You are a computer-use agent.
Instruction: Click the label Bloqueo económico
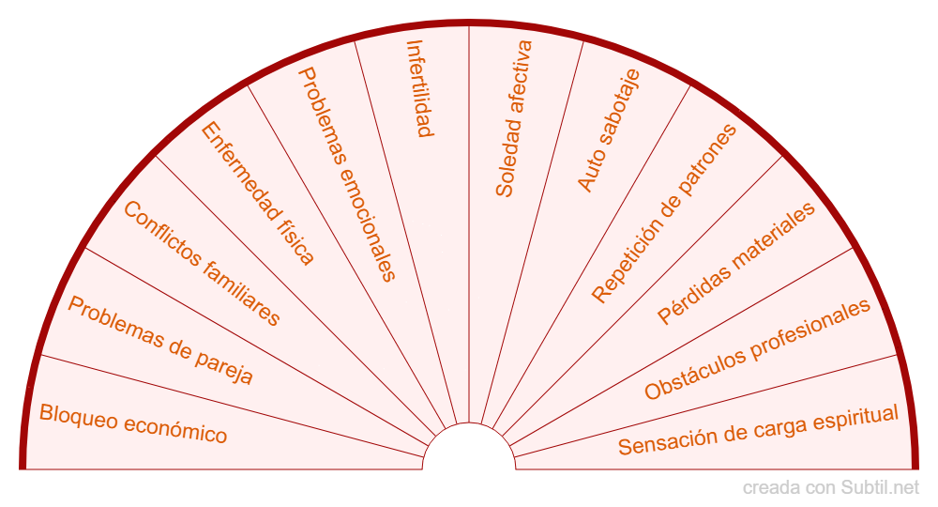point(133,423)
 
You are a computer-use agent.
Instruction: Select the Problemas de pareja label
point(160,341)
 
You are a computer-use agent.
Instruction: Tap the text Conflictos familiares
point(202,264)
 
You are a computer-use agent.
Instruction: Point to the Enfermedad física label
point(258,194)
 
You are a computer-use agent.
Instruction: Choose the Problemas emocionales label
point(347,174)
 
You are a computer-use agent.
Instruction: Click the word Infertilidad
point(419,88)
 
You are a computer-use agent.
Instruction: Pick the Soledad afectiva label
point(514,118)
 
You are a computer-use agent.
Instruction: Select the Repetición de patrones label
point(664,214)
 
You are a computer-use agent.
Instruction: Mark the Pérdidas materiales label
point(736,264)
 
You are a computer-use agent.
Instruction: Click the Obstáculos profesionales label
point(758,349)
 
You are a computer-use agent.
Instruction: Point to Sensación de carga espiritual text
point(758,430)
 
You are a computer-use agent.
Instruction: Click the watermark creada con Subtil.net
point(831,488)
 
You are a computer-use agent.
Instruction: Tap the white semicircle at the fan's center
point(469,451)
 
